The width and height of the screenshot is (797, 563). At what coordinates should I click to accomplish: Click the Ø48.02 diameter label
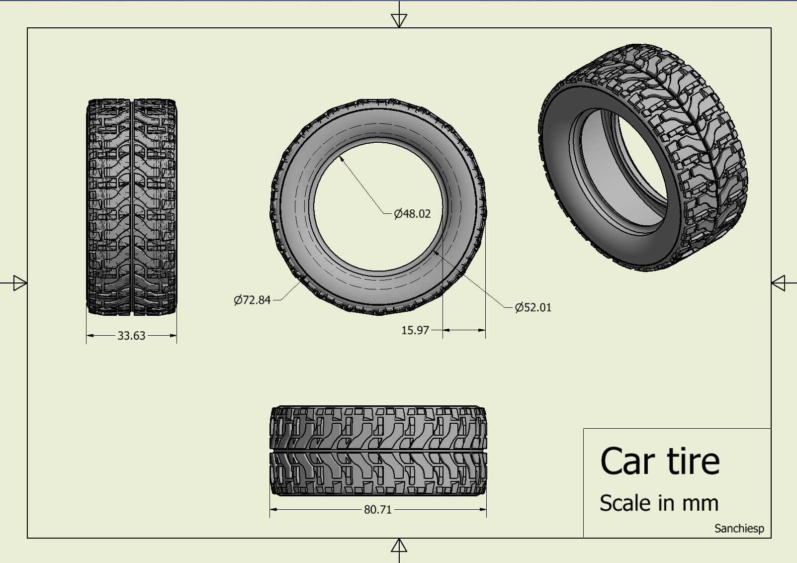click(412, 214)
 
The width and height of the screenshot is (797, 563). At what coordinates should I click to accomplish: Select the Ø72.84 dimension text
click(252, 300)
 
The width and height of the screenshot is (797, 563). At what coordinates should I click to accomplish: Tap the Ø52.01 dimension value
click(533, 307)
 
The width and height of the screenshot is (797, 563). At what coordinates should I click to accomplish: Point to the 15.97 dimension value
click(415, 330)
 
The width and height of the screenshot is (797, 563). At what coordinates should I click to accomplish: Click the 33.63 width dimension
click(131, 336)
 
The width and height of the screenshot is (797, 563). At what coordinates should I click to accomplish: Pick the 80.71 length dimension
click(377, 510)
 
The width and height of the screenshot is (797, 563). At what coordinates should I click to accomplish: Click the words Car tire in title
click(660, 461)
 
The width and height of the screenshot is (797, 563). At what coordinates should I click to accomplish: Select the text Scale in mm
click(659, 503)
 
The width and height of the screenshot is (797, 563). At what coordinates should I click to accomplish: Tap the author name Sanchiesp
click(739, 529)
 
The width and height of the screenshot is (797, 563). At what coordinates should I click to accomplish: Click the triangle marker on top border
click(399, 20)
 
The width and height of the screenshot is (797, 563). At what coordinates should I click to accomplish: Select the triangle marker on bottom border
click(399, 546)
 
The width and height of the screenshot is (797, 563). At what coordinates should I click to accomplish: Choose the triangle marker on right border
click(778, 283)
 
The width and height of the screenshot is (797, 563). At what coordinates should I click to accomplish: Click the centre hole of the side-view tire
click(378, 206)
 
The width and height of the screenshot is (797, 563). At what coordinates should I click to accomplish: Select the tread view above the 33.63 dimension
click(132, 207)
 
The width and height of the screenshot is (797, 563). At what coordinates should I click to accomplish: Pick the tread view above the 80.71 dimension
click(378, 451)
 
